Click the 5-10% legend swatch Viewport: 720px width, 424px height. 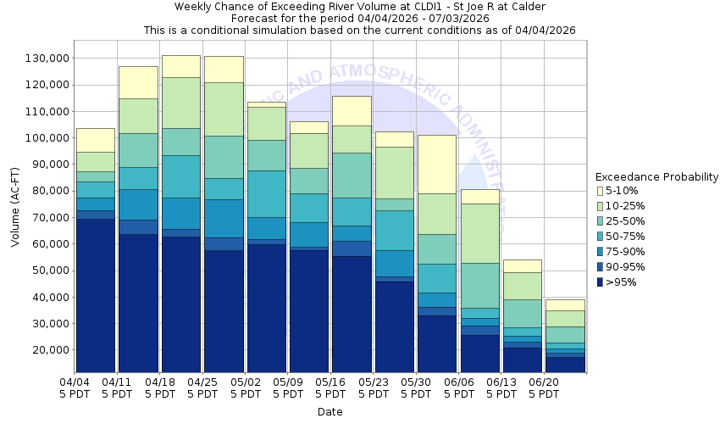coord(600,191)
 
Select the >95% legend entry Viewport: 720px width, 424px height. coord(623,282)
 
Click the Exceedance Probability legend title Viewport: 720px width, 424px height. coord(656,176)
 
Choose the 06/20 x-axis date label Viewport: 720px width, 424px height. coord(544,388)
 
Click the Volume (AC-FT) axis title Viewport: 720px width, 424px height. coord(15,208)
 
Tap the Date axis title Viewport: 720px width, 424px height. coord(330,412)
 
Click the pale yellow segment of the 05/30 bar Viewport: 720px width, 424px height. coord(436,165)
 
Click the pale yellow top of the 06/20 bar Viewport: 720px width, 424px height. coord(564,305)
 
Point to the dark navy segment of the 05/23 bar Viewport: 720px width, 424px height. coord(393,326)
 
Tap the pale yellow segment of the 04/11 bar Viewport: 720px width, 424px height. coord(137,82)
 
